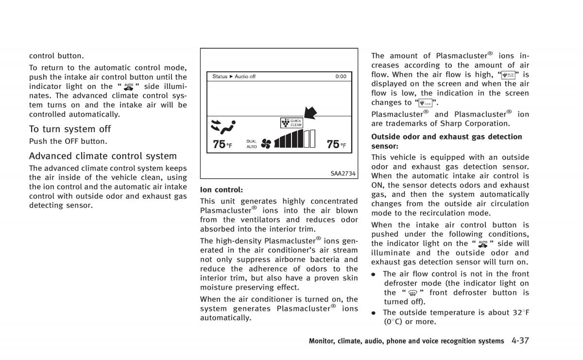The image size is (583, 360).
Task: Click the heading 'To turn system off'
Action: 70,129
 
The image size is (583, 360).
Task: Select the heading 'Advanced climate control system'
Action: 103,156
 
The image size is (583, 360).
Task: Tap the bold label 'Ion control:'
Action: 221,189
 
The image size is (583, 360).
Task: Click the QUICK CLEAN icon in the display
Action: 291,122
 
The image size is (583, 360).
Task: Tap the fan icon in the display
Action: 266,143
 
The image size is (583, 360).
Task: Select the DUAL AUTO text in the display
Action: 251,144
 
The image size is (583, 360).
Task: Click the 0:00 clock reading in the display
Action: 341,76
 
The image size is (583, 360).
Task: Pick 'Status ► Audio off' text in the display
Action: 234,76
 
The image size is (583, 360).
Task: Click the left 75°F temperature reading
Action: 222,144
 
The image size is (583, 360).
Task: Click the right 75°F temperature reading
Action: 336,144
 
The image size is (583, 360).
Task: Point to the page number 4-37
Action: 520,341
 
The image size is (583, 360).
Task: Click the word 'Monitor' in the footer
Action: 321,341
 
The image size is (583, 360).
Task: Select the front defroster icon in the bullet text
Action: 414,293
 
